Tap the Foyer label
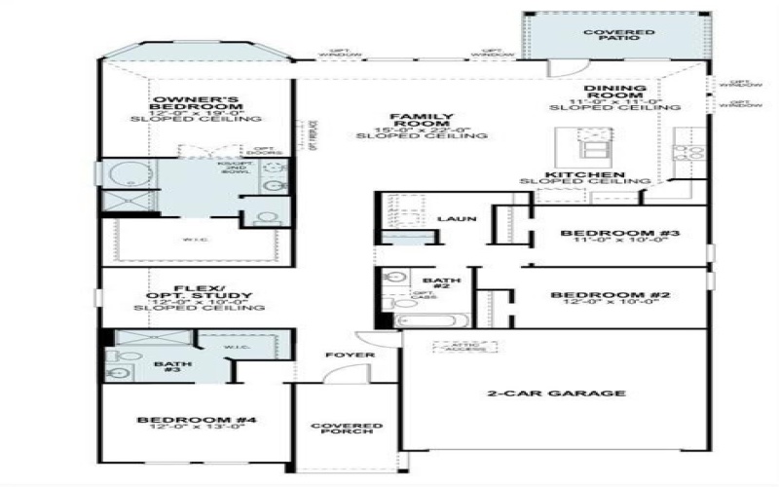[350, 355]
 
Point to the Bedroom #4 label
[196, 420]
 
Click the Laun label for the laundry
[456, 219]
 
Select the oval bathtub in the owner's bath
[124, 176]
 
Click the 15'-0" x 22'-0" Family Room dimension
[421, 128]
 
